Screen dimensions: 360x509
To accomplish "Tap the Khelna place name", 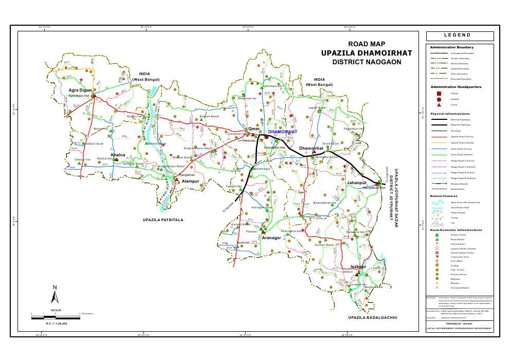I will click(118, 154).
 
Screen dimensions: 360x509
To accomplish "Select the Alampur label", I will click(190, 182).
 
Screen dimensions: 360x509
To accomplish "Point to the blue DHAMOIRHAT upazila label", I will click(283, 132).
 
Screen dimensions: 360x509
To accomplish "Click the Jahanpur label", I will click(356, 183).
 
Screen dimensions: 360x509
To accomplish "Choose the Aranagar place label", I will click(271, 238).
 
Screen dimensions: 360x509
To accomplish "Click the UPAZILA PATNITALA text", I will click(163, 220).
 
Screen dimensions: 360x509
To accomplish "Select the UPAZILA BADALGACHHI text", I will click(373, 318).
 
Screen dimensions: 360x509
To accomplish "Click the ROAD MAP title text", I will click(367, 45).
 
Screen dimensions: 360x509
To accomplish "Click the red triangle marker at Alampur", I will click(176, 180).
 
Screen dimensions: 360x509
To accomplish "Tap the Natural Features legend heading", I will click(444, 196).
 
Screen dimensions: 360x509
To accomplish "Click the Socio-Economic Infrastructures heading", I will click(456, 230).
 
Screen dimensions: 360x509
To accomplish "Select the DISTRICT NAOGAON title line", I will click(366, 62).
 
